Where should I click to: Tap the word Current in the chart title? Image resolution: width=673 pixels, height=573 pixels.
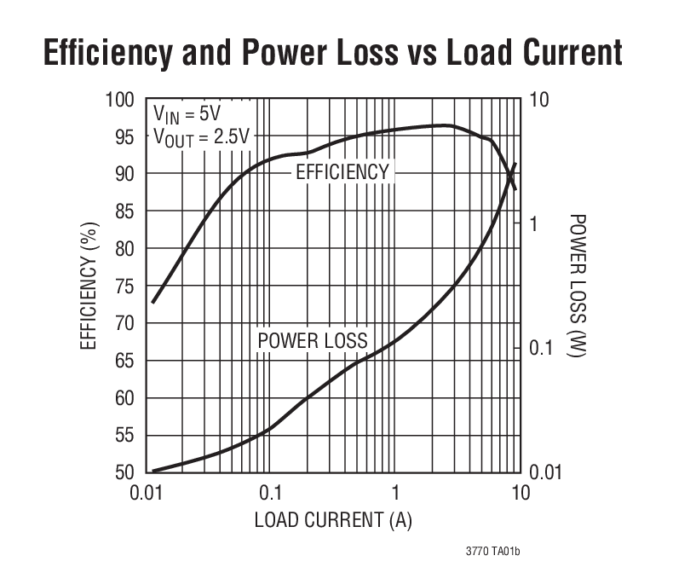(x=558, y=53)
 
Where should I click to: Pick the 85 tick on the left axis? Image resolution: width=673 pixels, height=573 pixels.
(x=124, y=211)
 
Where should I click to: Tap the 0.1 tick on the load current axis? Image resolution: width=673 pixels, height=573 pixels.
(x=270, y=494)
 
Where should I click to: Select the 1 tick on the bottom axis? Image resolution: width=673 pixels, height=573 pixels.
(x=395, y=494)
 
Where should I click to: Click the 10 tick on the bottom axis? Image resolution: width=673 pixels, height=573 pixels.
(x=520, y=494)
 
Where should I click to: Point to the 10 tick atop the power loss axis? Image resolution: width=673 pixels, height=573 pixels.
(x=539, y=100)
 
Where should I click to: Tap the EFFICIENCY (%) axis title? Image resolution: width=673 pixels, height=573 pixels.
(x=89, y=286)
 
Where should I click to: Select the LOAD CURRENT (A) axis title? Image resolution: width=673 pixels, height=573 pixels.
(x=333, y=520)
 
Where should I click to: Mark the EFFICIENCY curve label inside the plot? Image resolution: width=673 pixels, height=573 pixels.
(x=342, y=172)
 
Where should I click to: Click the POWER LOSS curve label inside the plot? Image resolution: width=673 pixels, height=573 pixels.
(x=313, y=341)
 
